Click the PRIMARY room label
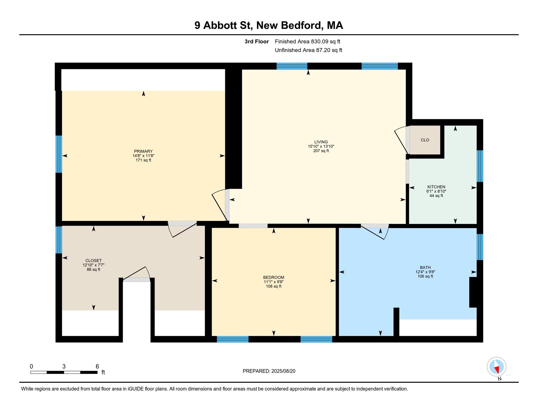click(143, 151)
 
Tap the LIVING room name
click(321, 142)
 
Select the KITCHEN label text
click(436, 187)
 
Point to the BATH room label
click(425, 268)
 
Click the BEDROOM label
click(274, 277)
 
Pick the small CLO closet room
click(425, 140)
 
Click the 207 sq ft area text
click(321, 151)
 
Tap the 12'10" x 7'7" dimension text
click(93, 265)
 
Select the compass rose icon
click(496, 367)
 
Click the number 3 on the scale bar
click(64, 366)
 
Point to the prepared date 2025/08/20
click(283, 371)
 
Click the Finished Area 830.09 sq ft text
click(307, 41)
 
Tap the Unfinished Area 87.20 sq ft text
click(308, 50)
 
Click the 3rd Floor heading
click(257, 41)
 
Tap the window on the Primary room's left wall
click(59, 154)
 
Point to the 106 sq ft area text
click(425, 277)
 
